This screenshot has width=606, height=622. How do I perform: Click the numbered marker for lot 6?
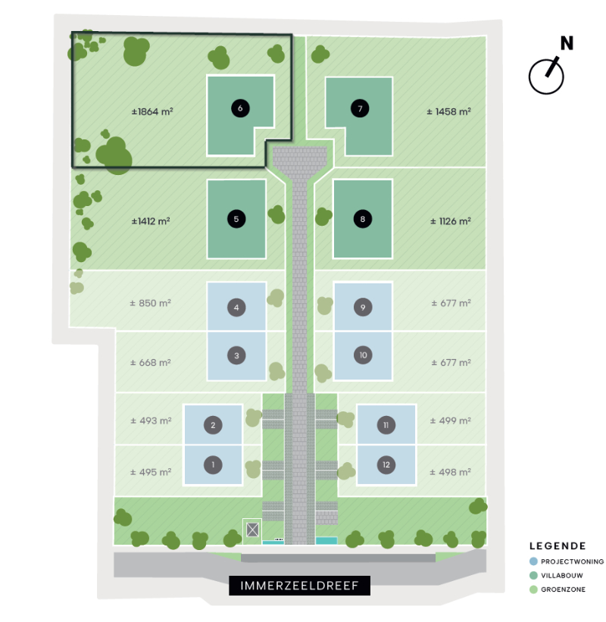[x=240, y=108]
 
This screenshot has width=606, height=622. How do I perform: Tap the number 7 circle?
[x=360, y=108]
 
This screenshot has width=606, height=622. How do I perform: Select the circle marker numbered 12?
[x=386, y=464]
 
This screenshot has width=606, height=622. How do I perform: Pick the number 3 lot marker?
[x=236, y=355]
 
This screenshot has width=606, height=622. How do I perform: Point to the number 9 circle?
[x=363, y=307]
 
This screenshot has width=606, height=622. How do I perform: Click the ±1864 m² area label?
[x=152, y=111]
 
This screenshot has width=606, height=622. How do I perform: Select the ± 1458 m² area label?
[x=448, y=111]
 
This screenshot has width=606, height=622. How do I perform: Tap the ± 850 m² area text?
[x=150, y=303]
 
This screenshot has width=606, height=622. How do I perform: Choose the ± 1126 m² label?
[x=451, y=221]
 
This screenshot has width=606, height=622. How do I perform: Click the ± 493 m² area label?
[x=151, y=420]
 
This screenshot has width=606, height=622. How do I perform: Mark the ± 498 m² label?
[x=450, y=472]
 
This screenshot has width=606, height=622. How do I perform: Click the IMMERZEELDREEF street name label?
[x=299, y=586]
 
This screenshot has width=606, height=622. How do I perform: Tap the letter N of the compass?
[x=567, y=43]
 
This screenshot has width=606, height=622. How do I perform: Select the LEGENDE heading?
[x=558, y=545]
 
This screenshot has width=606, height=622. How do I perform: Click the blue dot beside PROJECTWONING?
[x=533, y=561]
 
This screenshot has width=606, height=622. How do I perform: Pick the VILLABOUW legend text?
[x=562, y=576]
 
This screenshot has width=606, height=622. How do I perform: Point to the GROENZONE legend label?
[x=563, y=589]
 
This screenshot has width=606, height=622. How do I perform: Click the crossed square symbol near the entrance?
[x=253, y=530]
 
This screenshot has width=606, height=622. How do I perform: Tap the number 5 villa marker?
[x=236, y=219]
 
